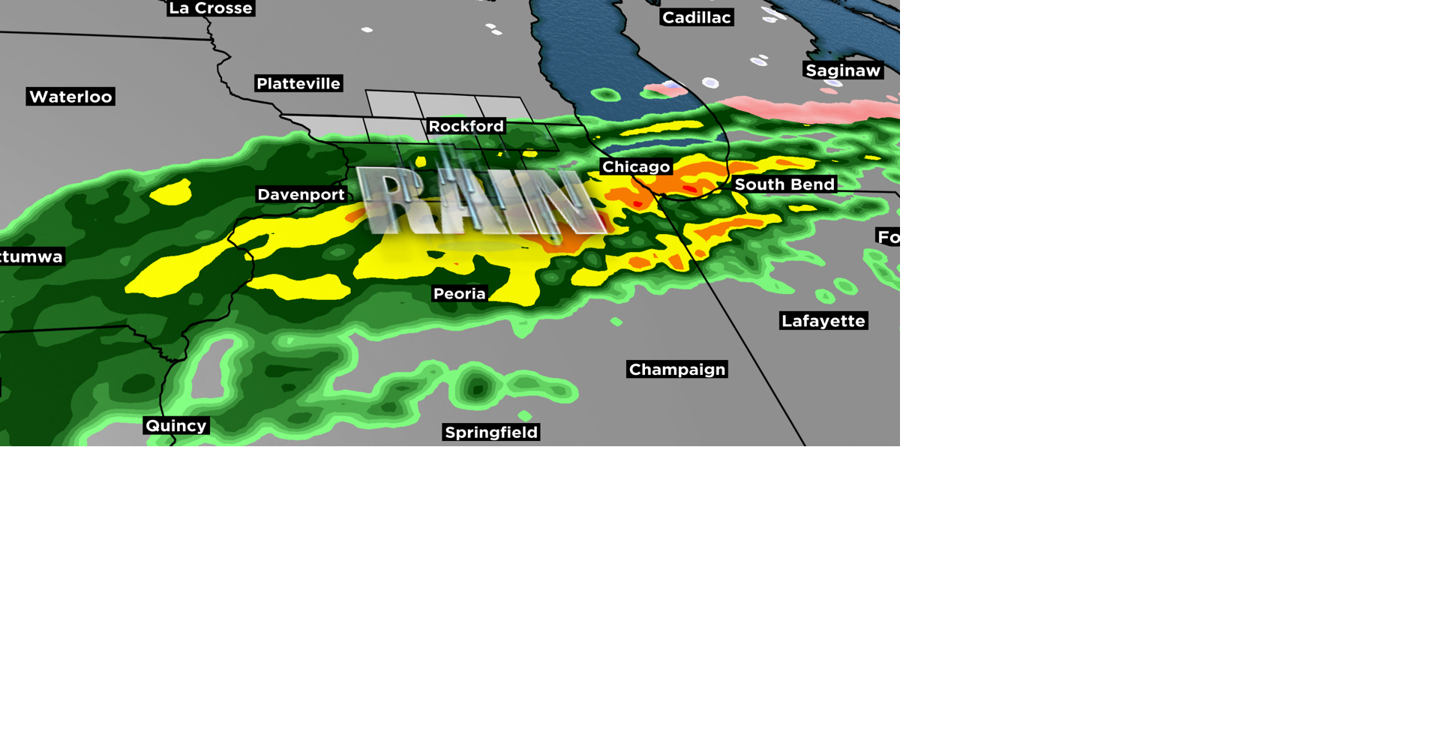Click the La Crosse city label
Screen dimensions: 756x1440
(211, 8)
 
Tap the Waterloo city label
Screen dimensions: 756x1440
(70, 97)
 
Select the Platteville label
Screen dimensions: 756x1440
(298, 83)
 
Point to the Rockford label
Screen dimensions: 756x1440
(466, 126)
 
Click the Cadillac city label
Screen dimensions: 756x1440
(696, 17)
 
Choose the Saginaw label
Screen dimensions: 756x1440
(843, 70)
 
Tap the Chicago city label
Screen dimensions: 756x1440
(636, 166)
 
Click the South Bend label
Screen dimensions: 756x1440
(784, 184)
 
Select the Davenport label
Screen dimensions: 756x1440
(301, 194)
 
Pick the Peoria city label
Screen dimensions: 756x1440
(459, 294)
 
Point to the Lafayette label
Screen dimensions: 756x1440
(823, 321)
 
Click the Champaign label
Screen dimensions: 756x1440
(677, 370)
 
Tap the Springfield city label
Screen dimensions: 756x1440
(491, 432)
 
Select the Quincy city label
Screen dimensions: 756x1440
(176, 426)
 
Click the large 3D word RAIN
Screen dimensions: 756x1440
(480, 201)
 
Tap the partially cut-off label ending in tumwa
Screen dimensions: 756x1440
(31, 256)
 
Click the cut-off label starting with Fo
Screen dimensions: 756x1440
(889, 237)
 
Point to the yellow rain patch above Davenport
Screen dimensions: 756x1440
(172, 193)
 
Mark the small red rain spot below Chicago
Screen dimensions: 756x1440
(637, 203)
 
